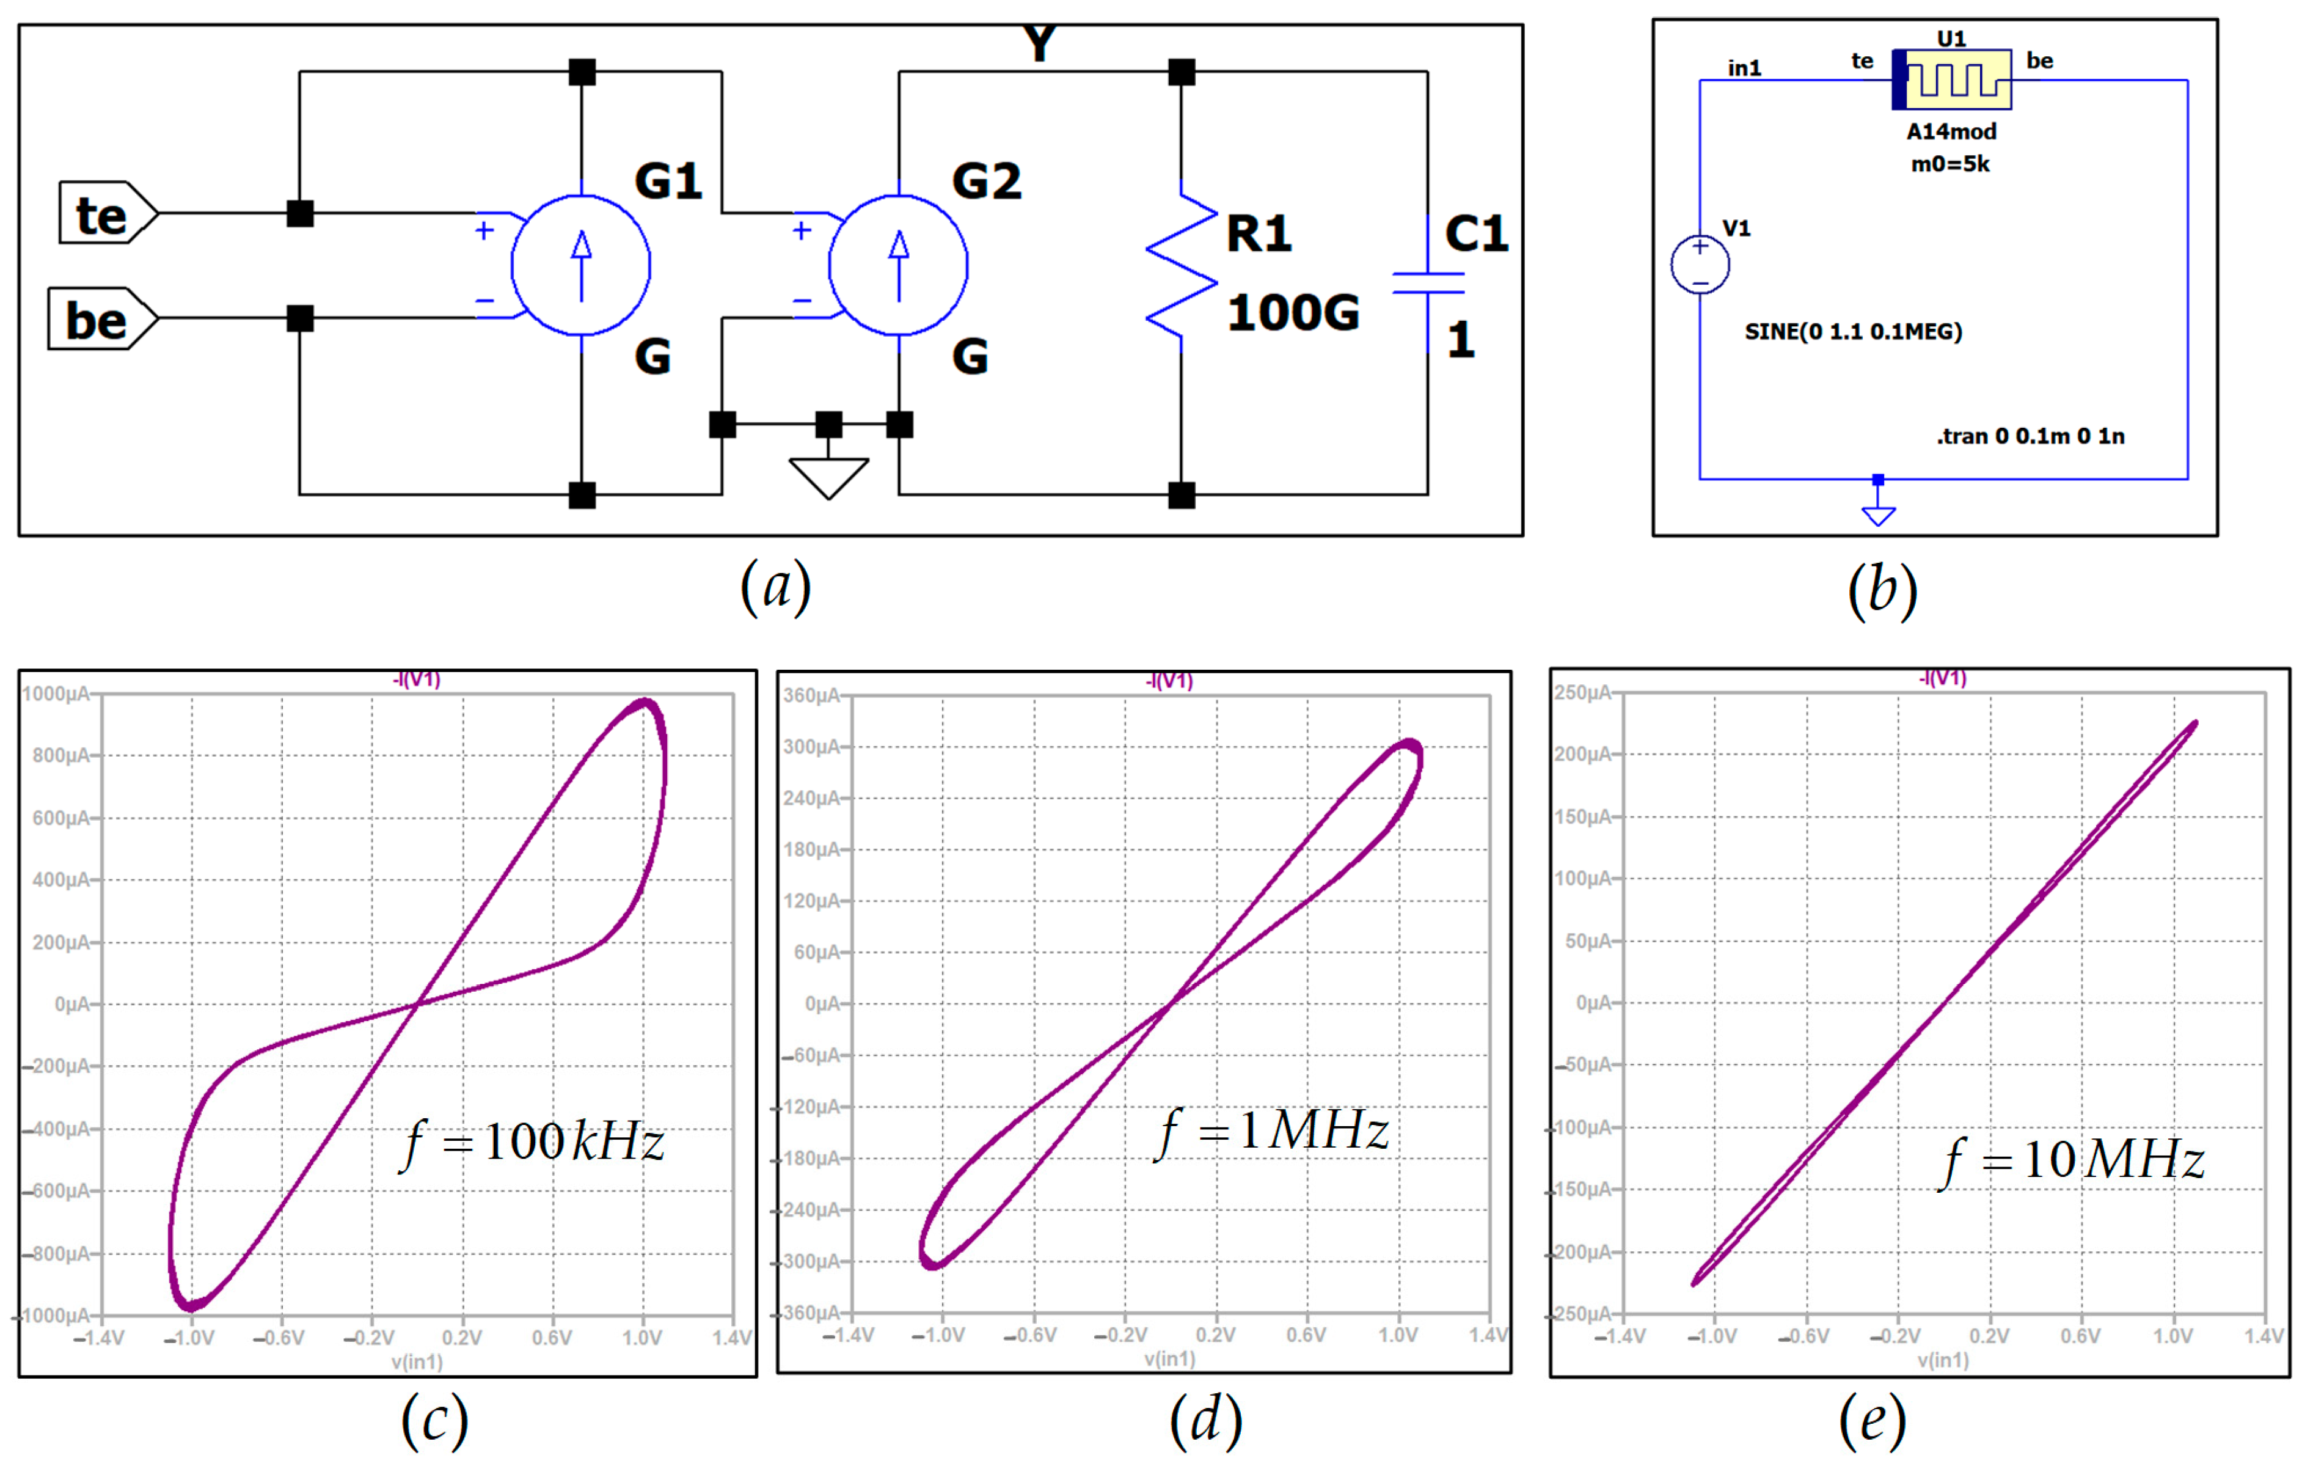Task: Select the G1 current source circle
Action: coord(581,265)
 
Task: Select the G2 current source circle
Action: coord(898,265)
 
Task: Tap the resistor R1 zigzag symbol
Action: coord(1182,265)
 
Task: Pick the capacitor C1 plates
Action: coord(1428,282)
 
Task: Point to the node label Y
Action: coord(1039,44)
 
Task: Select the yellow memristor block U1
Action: coord(1952,79)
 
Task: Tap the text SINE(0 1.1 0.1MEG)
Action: coord(1853,331)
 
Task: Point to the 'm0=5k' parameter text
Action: coord(1950,164)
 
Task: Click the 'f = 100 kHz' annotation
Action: coord(534,1141)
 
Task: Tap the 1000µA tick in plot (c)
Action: coord(56,694)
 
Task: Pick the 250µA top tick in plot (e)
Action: coord(1582,693)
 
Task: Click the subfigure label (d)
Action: coord(1205,1420)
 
